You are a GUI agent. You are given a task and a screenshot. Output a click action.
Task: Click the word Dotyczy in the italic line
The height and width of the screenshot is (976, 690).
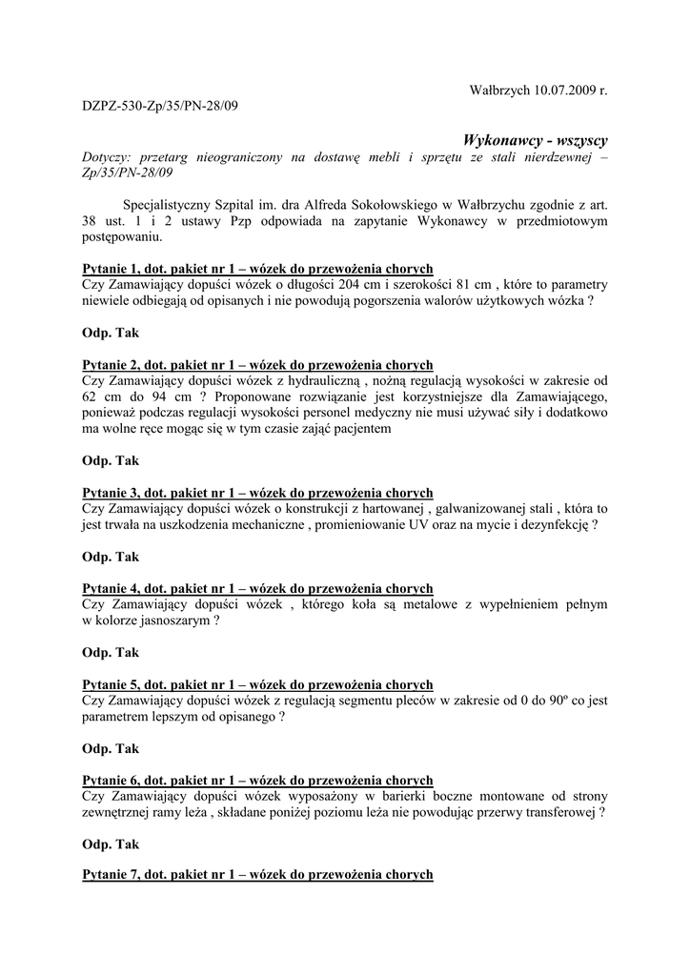[x=106, y=157]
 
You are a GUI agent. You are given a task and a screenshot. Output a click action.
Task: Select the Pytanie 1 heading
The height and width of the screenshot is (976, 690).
[x=257, y=269]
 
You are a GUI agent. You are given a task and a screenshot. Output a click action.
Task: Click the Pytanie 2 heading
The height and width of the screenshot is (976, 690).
[x=257, y=365]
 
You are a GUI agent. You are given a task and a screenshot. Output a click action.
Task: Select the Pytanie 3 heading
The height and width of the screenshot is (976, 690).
[x=257, y=493]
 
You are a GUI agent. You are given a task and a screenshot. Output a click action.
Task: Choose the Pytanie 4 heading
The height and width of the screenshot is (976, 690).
[x=257, y=589]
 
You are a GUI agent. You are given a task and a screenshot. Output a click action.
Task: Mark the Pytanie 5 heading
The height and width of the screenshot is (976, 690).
[x=257, y=685]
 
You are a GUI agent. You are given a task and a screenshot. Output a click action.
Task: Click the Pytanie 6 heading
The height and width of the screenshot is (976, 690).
[x=257, y=781]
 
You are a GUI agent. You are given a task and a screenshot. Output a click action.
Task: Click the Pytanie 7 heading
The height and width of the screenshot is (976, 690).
[x=257, y=874]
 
